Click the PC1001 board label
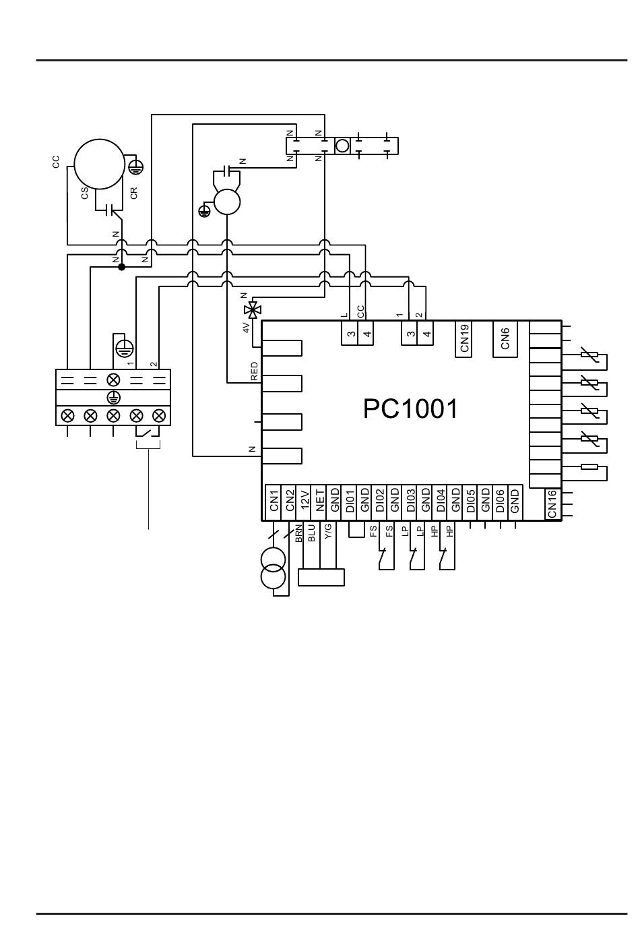[x=410, y=409]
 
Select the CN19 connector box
[x=464, y=338]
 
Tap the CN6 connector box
[x=505, y=338]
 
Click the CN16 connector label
[x=552, y=504]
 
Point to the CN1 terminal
[x=274, y=502]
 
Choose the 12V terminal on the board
[x=305, y=502]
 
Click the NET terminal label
[x=320, y=502]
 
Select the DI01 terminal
[x=350, y=502]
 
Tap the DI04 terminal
[x=441, y=502]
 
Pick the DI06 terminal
[x=500, y=502]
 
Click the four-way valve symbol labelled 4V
[x=253, y=310]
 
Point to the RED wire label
[x=254, y=371]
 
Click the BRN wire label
[x=298, y=535]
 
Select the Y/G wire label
[x=327, y=533]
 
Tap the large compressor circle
[x=100, y=164]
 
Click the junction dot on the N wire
[x=122, y=267]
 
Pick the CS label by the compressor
[x=85, y=193]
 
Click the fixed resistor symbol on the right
[x=588, y=467]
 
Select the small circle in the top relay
[x=342, y=146]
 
